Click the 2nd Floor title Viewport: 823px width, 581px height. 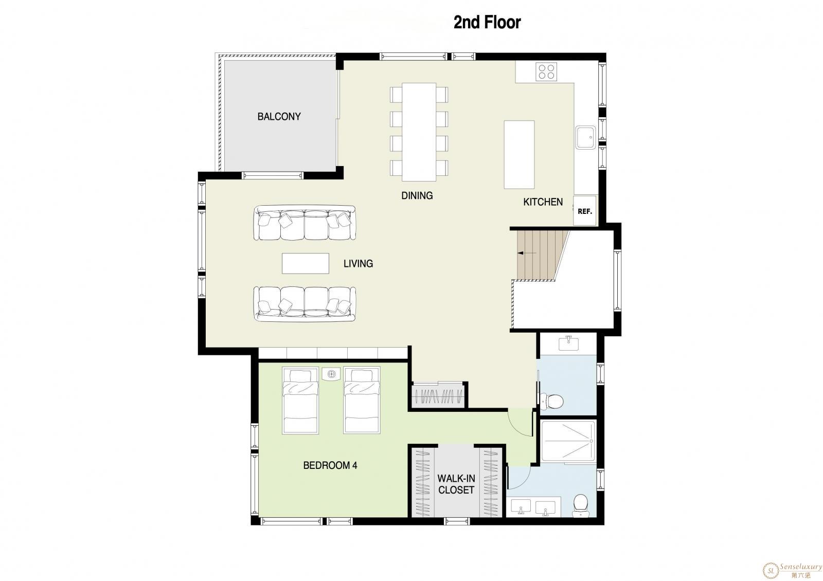pyautogui.click(x=487, y=23)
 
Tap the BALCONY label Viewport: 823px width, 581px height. pyautogui.click(x=279, y=117)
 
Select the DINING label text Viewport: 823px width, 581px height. pyautogui.click(x=417, y=196)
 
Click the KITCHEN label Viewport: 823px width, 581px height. pyautogui.click(x=543, y=202)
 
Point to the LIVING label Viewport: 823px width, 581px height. pyautogui.click(x=358, y=264)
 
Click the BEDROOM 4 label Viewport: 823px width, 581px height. pyautogui.click(x=330, y=466)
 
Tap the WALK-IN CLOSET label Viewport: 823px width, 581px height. pyautogui.click(x=456, y=484)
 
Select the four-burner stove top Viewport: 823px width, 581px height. pyautogui.click(x=546, y=71)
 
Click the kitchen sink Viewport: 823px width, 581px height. pyautogui.click(x=585, y=137)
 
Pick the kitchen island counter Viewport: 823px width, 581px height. pyautogui.click(x=519, y=154)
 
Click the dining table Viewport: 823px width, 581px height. pyautogui.click(x=419, y=132)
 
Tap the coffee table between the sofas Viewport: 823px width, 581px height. pyautogui.click(x=306, y=263)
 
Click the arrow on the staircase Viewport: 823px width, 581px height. pyautogui.click(x=527, y=253)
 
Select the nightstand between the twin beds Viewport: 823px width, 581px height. pyautogui.click(x=331, y=374)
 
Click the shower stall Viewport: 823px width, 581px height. pyautogui.click(x=568, y=441)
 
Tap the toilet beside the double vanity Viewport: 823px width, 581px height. pyautogui.click(x=581, y=506)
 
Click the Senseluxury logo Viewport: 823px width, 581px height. pyautogui.click(x=792, y=569)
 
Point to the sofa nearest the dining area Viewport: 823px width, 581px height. pyautogui.click(x=305, y=223)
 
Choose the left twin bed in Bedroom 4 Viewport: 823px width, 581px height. pyautogui.click(x=300, y=400)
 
